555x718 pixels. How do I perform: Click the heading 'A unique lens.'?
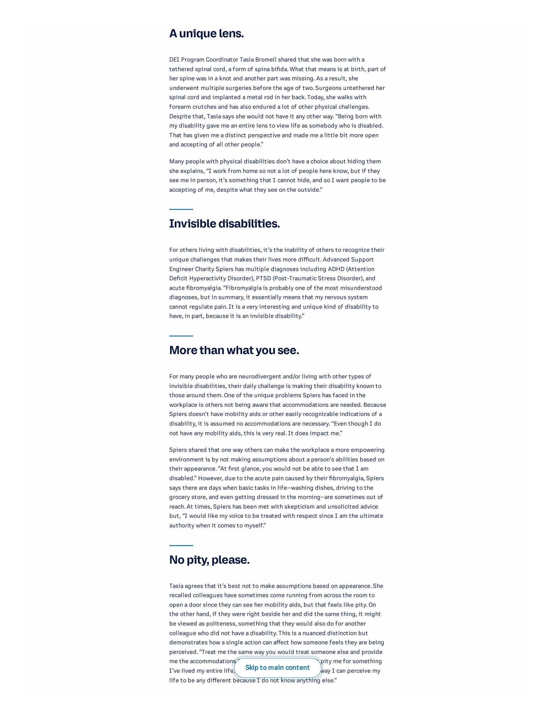tap(206, 34)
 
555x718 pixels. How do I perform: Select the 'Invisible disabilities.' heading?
tap(225, 223)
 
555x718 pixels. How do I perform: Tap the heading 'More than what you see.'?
tap(234, 350)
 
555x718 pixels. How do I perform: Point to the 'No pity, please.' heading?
tap(210, 560)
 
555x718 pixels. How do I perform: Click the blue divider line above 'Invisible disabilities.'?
tap(181, 209)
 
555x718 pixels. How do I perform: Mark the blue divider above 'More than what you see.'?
tap(181, 336)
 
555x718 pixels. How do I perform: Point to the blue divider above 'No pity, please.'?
tap(181, 545)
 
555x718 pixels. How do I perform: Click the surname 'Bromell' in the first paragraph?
tap(266, 60)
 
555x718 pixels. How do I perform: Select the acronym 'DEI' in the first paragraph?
tap(174, 60)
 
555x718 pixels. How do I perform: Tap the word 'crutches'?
tap(204, 107)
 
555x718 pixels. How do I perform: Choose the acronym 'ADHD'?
tap(336, 269)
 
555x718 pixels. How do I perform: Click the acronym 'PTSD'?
tap(263, 278)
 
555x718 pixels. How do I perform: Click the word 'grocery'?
tap(180, 497)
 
